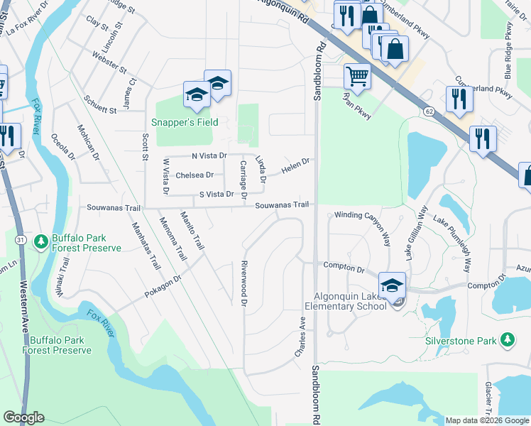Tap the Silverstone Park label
pos(461,341)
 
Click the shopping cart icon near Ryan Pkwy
pos(358,75)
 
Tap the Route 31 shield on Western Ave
pos(22,241)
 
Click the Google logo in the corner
pos(24,417)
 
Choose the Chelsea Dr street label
pos(195,175)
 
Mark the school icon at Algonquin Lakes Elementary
pos(392,285)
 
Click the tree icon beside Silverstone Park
pos(508,341)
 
